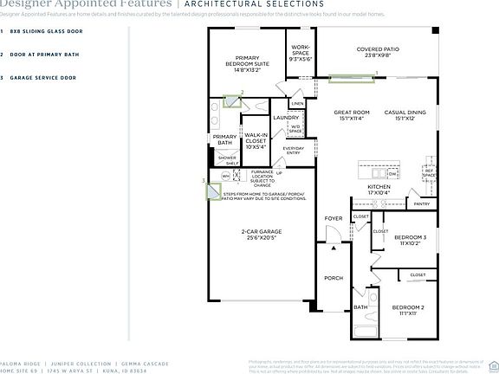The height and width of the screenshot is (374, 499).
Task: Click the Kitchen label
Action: (x=379, y=190)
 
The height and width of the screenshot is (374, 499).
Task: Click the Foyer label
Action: (x=333, y=219)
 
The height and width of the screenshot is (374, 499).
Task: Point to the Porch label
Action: (x=333, y=278)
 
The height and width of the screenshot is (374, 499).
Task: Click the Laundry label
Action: (x=285, y=117)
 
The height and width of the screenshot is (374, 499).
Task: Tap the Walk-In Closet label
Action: (x=256, y=141)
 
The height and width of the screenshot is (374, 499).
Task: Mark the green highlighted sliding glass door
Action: (x=352, y=82)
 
